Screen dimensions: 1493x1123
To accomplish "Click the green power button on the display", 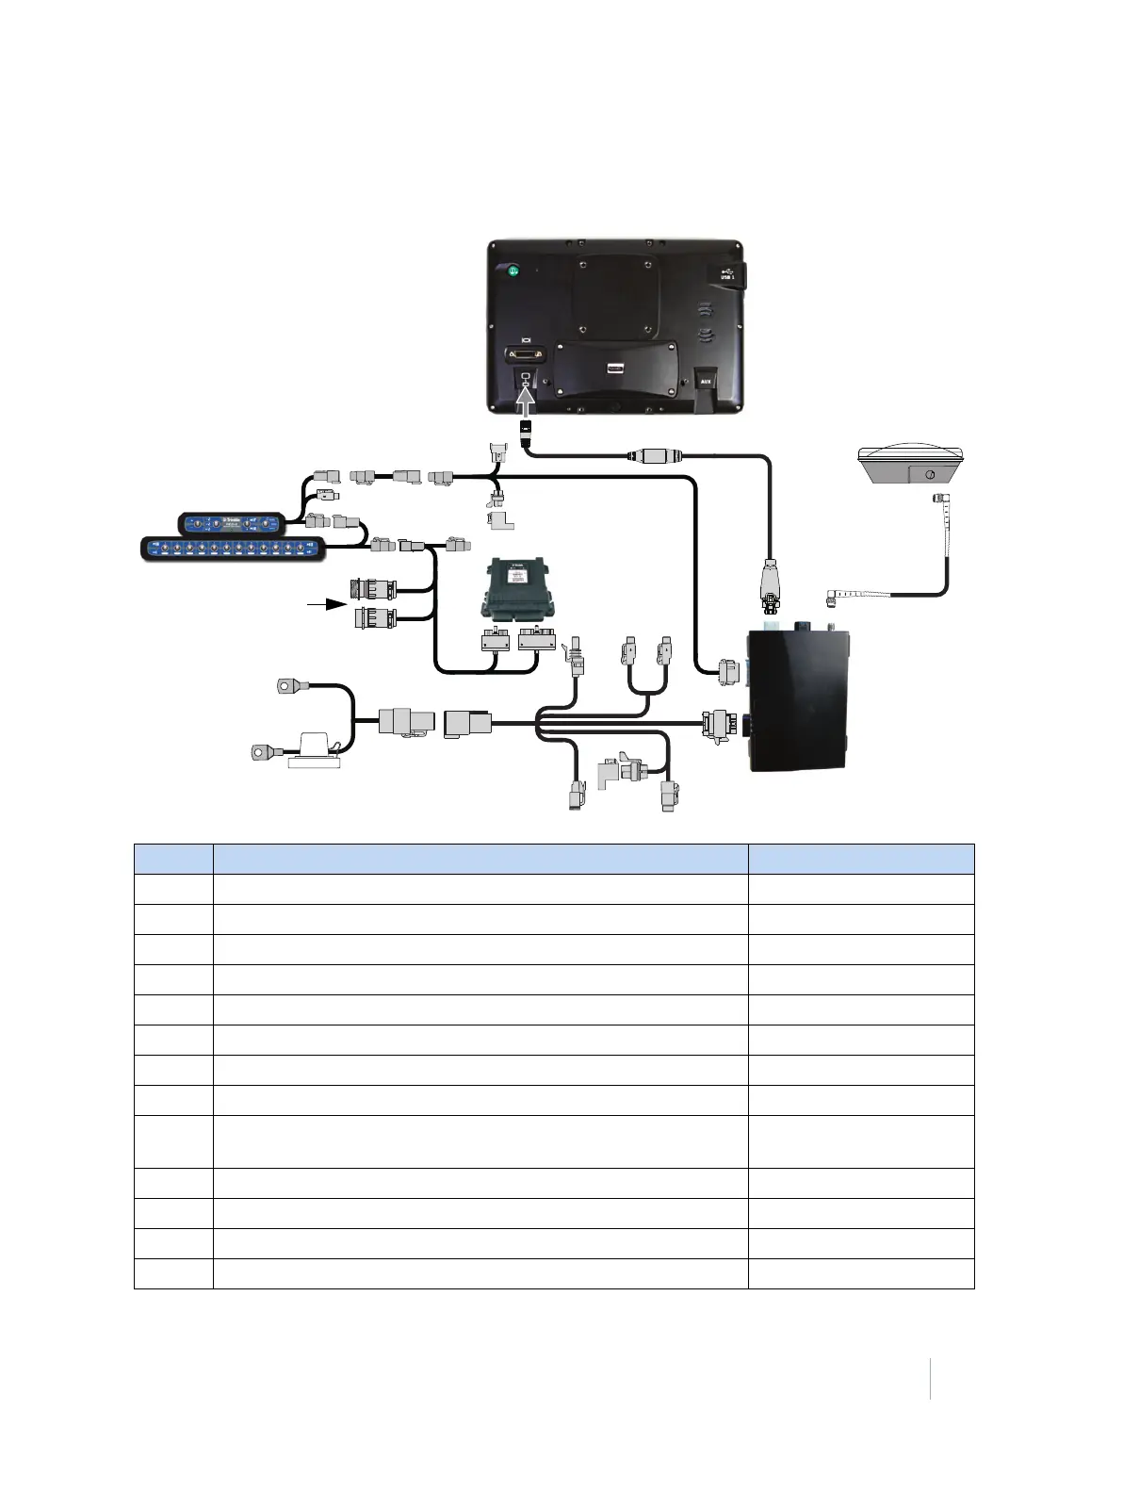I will tap(513, 271).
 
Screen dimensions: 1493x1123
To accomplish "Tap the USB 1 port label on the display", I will tap(726, 275).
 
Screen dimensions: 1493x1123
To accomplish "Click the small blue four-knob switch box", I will tap(232, 523).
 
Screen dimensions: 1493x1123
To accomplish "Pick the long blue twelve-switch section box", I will tap(233, 548).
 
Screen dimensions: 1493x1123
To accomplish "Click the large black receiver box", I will tap(799, 699).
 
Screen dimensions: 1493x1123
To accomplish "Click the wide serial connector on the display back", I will tap(526, 354).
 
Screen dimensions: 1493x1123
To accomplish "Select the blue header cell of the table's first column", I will tap(173, 859).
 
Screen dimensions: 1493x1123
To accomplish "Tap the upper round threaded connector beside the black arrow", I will tap(373, 590).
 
